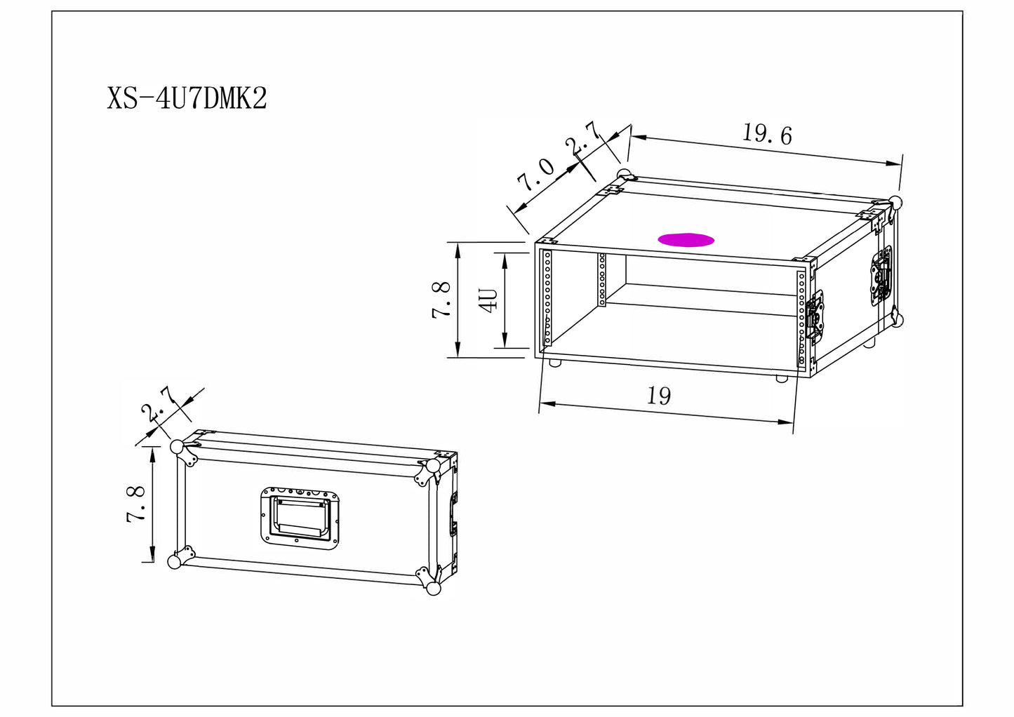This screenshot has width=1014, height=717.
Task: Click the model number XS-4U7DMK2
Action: tap(187, 98)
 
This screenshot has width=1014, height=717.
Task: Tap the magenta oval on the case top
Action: tap(686, 239)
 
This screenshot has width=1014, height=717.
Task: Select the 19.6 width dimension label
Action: tap(767, 135)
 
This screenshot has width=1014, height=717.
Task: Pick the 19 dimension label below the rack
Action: tap(659, 396)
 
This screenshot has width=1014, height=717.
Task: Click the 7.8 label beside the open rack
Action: tap(441, 300)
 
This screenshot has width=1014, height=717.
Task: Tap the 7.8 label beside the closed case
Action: tap(135, 504)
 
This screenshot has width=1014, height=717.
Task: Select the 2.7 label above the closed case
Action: tap(158, 404)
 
